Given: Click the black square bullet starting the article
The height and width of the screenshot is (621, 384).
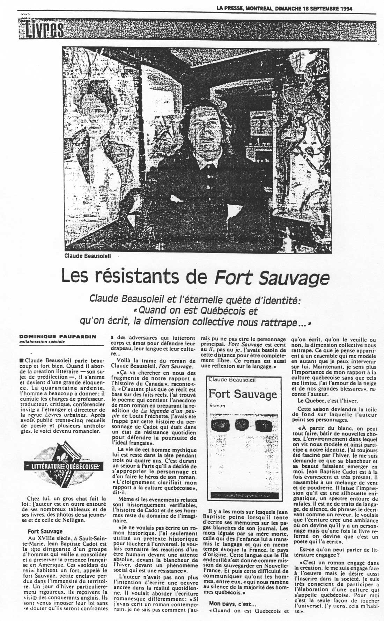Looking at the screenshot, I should pos(22,360).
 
